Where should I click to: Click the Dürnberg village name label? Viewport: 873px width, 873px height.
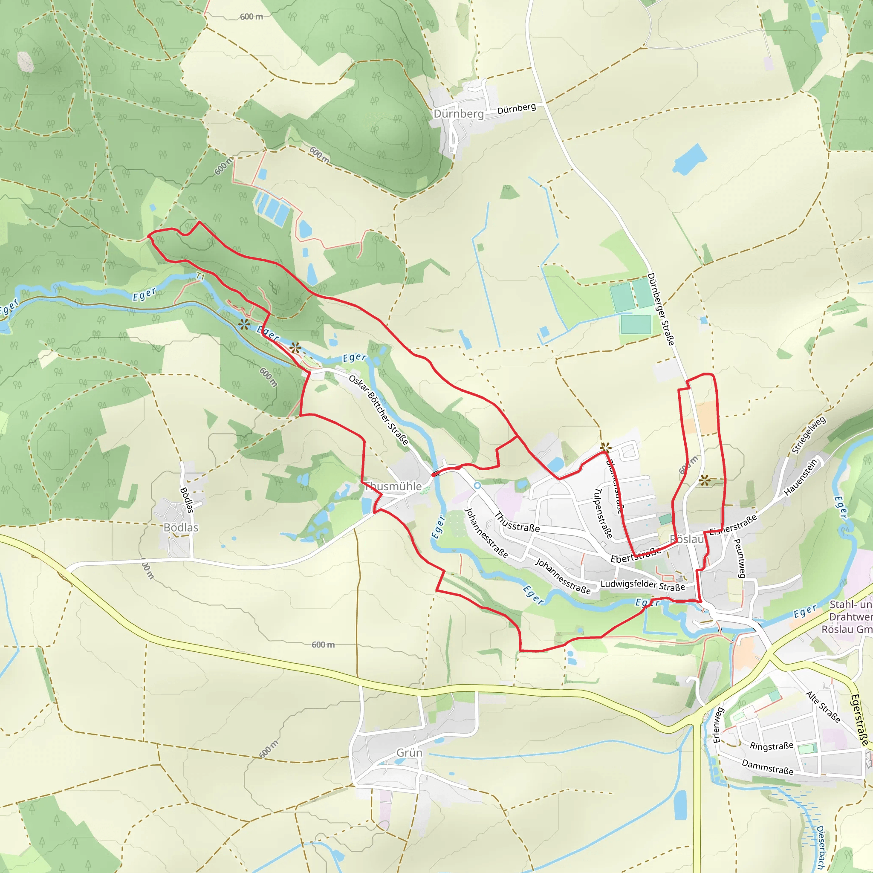[459, 114]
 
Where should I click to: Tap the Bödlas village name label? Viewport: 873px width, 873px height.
[181, 527]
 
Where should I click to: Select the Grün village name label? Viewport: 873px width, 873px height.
[409, 753]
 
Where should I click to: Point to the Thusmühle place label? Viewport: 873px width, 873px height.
[393, 486]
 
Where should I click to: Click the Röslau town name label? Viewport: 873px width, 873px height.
[687, 539]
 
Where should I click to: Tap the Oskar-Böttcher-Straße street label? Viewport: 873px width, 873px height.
[379, 409]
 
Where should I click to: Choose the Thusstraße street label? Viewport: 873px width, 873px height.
[517, 522]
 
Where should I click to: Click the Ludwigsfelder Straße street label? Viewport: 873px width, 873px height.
[642, 585]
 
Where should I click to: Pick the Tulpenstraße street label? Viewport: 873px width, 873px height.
[603, 513]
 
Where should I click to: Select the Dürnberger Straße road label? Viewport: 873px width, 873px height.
[661, 309]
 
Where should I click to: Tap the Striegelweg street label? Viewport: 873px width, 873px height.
[809, 435]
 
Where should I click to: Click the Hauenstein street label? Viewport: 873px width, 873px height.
[801, 477]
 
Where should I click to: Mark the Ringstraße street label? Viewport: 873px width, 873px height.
[771, 746]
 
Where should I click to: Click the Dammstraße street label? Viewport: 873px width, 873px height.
[767, 767]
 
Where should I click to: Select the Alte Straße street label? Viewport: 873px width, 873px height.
[823, 707]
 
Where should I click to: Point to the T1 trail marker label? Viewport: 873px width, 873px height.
[200, 277]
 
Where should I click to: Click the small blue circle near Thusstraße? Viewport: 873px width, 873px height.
[477, 485]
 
